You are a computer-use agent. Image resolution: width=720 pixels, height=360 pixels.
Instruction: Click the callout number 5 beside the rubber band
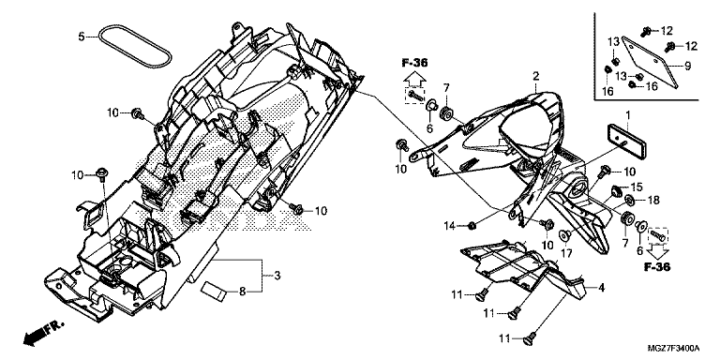click(x=82, y=36)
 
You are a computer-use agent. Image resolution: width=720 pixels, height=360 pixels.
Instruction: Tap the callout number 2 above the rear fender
click(x=535, y=76)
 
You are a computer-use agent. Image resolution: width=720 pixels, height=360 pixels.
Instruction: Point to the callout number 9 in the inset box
click(x=687, y=67)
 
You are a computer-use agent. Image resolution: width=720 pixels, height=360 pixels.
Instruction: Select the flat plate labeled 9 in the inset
click(x=650, y=61)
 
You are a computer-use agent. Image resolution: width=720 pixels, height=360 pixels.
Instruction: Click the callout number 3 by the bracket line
click(x=277, y=276)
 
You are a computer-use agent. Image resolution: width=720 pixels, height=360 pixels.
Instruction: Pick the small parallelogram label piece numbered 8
click(x=215, y=292)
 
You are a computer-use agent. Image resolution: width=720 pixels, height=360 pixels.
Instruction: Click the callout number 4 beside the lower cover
click(x=602, y=289)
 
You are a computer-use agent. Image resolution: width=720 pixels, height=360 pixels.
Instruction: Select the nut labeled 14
click(x=472, y=225)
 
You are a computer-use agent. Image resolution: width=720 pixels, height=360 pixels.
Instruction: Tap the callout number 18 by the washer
click(x=653, y=200)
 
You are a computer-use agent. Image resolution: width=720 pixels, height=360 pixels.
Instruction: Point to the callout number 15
click(x=637, y=187)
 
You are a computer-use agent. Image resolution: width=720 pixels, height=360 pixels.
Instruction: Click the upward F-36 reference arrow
click(x=414, y=80)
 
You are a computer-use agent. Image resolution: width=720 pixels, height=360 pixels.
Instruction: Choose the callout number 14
click(x=450, y=225)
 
